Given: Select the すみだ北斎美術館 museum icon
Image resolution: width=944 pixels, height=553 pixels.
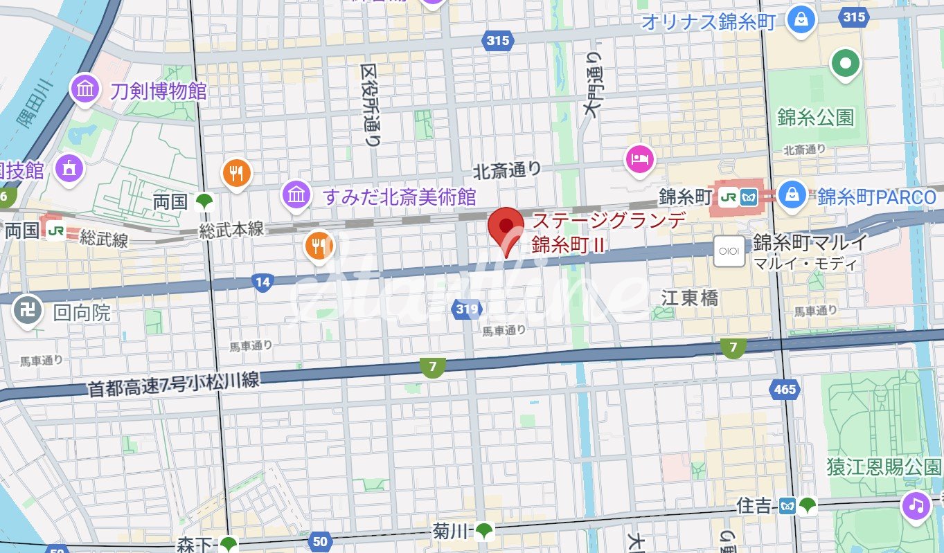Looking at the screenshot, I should [x=296, y=196].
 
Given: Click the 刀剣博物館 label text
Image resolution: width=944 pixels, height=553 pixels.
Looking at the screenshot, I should [x=159, y=90].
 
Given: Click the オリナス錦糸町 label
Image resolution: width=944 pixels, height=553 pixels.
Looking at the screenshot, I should [x=708, y=21].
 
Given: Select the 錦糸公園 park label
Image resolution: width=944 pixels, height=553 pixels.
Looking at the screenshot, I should [x=815, y=117].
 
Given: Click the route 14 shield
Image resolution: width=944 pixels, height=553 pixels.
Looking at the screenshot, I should [x=262, y=282].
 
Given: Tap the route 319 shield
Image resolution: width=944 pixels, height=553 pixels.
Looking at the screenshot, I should [x=467, y=309].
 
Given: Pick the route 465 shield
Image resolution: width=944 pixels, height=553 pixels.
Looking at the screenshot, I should [x=785, y=390].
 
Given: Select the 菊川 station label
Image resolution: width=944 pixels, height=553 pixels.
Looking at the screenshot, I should [x=452, y=532].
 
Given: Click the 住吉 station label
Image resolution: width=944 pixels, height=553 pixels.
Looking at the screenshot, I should [x=754, y=507].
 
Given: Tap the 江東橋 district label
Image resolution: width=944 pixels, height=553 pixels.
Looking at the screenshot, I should [x=689, y=298].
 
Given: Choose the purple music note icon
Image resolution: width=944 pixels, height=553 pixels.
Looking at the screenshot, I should [x=916, y=505].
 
